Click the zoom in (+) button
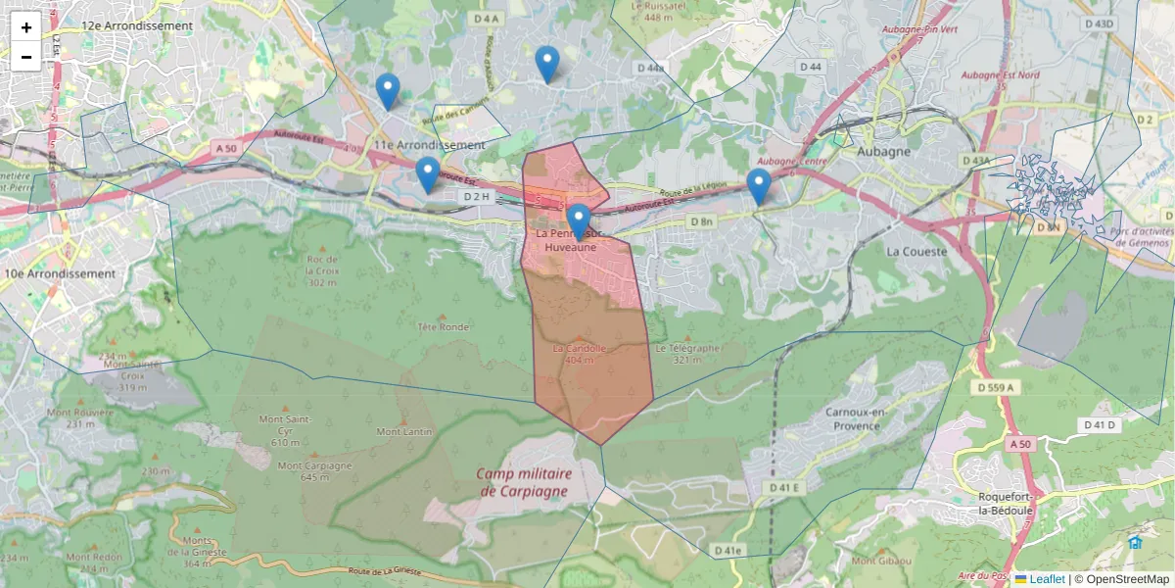[26, 27]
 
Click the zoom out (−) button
[26, 57]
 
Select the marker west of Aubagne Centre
[759, 187]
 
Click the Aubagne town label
[883, 152]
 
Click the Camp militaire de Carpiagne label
[524, 481]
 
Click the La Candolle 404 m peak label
[581, 354]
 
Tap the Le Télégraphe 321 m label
[688, 354]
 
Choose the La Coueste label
[916, 252]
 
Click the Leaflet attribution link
[1046, 579]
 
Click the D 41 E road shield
[784, 487]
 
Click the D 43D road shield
[1101, 24]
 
